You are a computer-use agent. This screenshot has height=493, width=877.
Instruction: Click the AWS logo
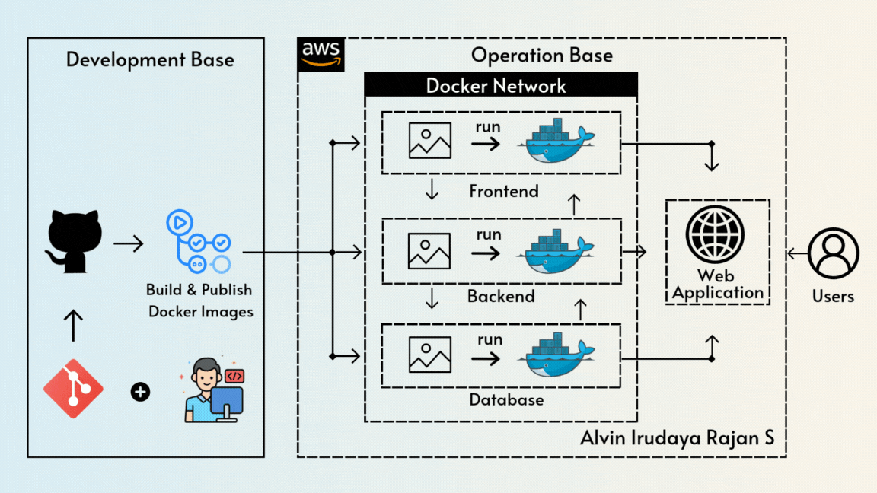point(321,54)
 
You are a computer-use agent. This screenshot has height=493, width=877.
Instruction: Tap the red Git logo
point(73,389)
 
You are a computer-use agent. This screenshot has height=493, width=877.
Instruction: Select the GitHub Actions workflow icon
point(198,243)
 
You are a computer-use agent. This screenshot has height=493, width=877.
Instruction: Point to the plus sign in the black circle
point(140,392)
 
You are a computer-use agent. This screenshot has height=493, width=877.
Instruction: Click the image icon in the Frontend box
point(430,141)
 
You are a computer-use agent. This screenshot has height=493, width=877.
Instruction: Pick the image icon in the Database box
point(430,355)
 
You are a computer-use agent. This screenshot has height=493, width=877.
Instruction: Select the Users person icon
point(833,253)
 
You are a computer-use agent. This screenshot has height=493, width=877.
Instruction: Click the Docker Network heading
point(496,85)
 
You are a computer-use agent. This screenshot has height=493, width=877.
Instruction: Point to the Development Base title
point(150,59)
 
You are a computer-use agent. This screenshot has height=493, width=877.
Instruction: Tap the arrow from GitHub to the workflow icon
point(128,244)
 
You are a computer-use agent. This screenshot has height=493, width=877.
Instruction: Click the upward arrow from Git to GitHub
point(73,325)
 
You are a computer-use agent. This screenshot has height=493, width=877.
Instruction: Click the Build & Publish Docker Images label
point(199,301)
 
